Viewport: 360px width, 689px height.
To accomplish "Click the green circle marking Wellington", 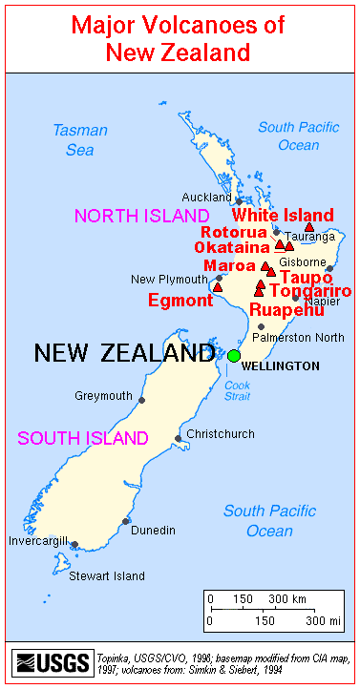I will click(x=234, y=356).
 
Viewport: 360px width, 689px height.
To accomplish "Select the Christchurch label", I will click(x=221, y=433).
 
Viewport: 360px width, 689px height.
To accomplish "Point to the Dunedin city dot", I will click(x=125, y=521).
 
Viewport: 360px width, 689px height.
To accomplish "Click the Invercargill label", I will click(x=39, y=539).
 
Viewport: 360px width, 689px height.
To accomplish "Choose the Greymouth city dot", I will click(x=142, y=400).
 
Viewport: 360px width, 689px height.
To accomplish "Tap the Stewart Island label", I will click(x=106, y=575).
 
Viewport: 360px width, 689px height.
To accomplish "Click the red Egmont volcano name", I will click(x=180, y=301).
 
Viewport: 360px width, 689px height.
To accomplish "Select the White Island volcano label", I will click(x=285, y=216).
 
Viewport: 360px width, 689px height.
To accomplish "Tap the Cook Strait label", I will click(x=238, y=390).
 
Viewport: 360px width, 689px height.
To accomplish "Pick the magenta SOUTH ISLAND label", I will click(x=83, y=439).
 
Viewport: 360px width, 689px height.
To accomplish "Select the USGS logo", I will click(x=52, y=662).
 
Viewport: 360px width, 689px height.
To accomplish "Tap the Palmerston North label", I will click(x=298, y=337).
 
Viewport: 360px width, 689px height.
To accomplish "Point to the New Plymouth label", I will click(x=169, y=280).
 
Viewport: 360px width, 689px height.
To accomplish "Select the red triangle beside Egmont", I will click(x=218, y=286).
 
